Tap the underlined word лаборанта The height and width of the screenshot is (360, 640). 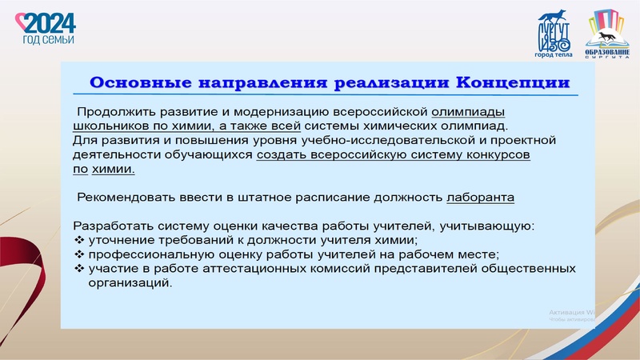[x=480, y=197]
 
